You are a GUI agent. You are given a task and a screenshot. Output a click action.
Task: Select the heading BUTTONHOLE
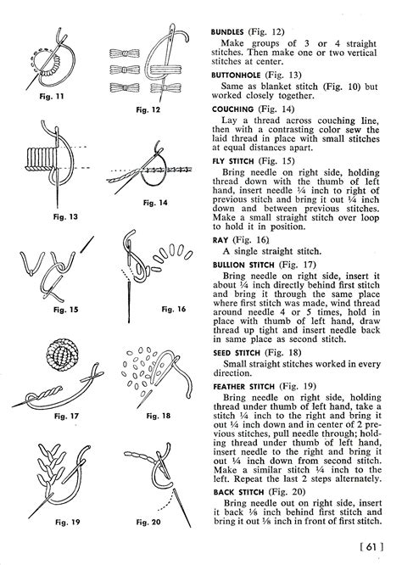tap(238, 75)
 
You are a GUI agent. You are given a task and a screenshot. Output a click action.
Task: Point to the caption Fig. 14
tap(155, 202)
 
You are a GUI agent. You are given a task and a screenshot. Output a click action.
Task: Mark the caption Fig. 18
tap(157, 417)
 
